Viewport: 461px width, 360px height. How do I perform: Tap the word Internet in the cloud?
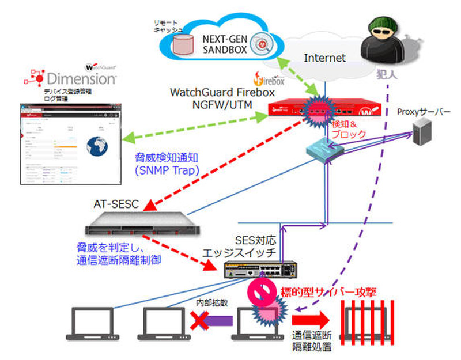[324, 58]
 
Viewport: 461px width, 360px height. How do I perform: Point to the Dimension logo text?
[81, 77]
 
